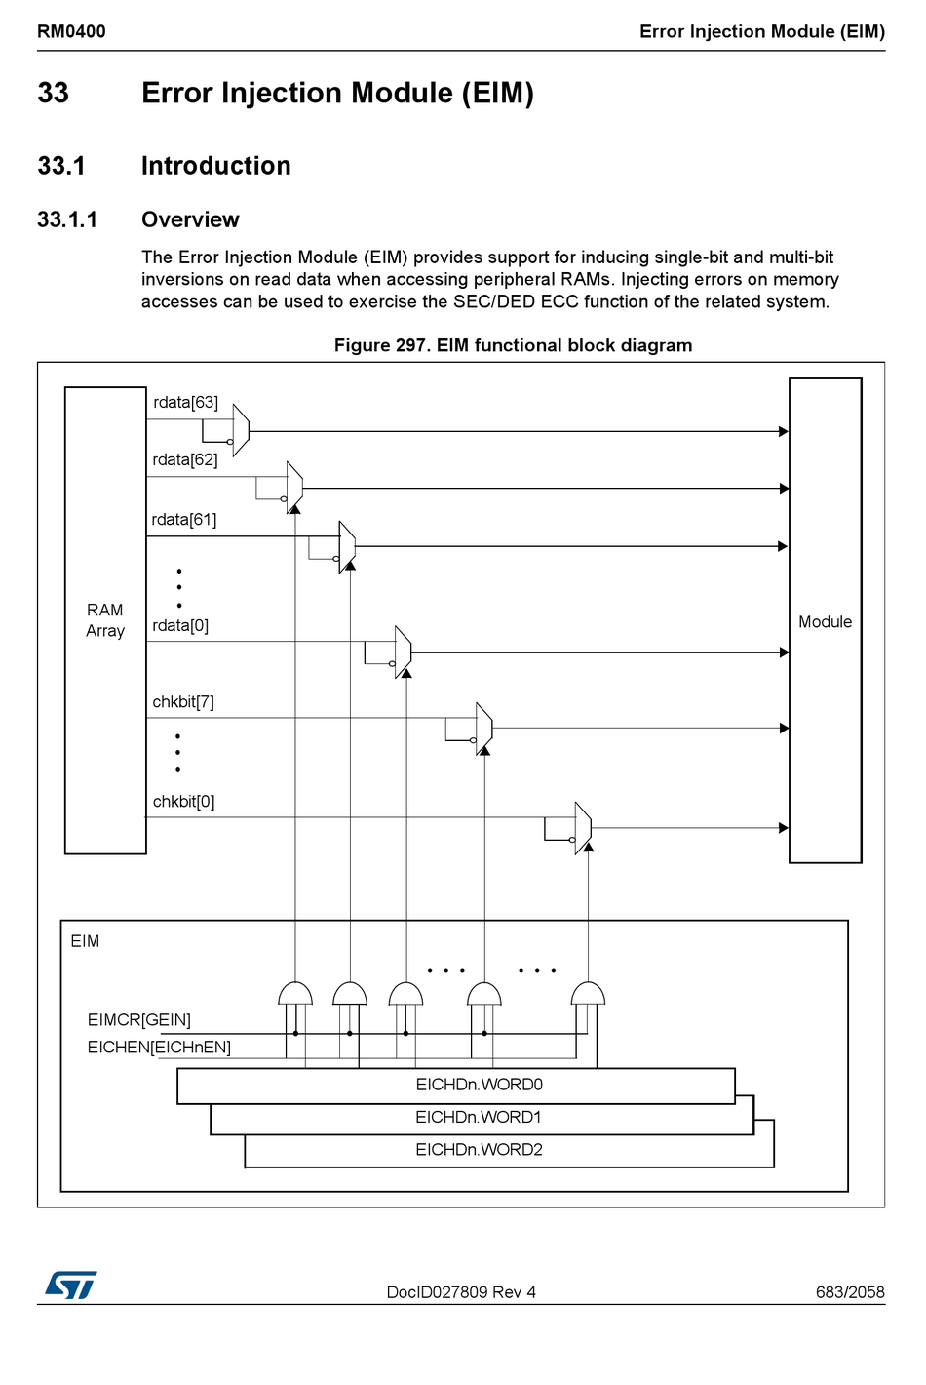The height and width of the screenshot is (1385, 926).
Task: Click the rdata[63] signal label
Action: click(x=185, y=402)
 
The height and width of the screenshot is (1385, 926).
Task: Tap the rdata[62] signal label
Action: click(x=185, y=459)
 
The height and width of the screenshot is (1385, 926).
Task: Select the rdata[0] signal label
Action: click(x=180, y=625)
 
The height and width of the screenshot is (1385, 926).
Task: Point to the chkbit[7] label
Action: click(x=183, y=701)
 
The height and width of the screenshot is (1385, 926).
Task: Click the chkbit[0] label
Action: click(x=183, y=801)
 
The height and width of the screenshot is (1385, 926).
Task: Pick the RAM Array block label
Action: click(x=105, y=620)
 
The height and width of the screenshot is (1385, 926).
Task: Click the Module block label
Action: click(x=825, y=621)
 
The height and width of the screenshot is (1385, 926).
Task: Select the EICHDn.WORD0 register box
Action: click(x=456, y=1086)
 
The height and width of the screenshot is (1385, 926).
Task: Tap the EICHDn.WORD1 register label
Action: click(x=479, y=1117)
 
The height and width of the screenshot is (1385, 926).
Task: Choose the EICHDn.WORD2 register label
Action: click(x=479, y=1149)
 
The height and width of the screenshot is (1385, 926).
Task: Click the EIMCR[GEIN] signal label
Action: click(x=139, y=1019)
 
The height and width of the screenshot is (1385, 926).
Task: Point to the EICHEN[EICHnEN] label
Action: click(x=159, y=1047)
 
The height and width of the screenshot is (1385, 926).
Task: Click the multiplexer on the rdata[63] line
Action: click(x=241, y=430)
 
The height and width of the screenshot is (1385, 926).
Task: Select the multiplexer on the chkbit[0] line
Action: click(x=583, y=828)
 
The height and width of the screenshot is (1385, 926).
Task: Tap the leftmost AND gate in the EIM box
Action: click(x=295, y=994)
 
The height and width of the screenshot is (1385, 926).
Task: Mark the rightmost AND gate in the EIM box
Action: click(x=588, y=994)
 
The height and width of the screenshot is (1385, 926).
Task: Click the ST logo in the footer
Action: click(x=71, y=1285)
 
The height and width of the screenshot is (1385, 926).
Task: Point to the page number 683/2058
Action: click(x=850, y=1292)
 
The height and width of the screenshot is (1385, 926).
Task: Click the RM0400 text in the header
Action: click(x=71, y=31)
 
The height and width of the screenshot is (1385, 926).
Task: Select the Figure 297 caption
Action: click(x=513, y=345)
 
